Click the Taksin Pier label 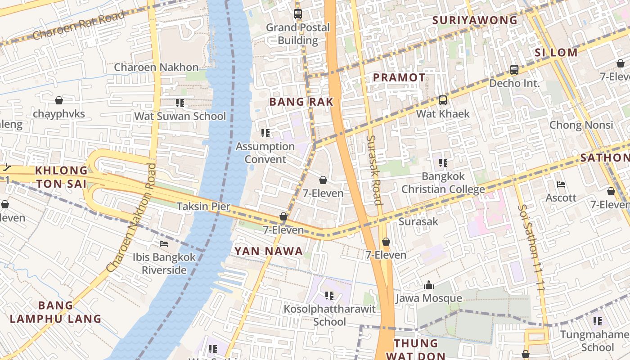[203, 207]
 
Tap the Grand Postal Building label [297, 34]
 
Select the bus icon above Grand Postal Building [297, 14]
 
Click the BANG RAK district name [301, 102]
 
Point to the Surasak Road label [374, 170]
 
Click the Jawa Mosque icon [428, 285]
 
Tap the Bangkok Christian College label [443, 183]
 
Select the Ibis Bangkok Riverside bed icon [164, 244]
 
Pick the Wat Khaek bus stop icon [442, 100]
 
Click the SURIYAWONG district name [475, 20]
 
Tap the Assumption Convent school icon [265, 133]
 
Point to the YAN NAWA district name [269, 252]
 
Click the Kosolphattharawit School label [329, 315]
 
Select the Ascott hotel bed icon [561, 184]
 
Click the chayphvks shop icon [58, 100]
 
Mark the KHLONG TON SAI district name [61, 177]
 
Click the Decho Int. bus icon [514, 70]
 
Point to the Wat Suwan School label [180, 116]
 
